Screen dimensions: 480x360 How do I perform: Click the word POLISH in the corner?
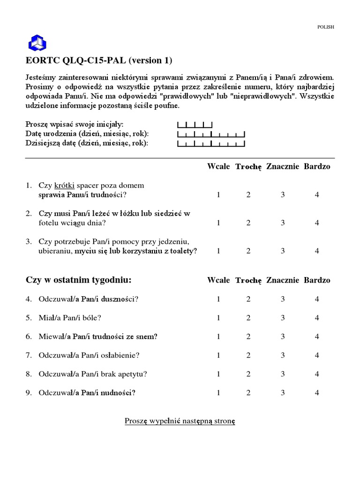[x=325, y=27]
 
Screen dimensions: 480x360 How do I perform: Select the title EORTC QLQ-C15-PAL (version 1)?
[x=99, y=60]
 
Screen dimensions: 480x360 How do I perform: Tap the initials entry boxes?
[x=195, y=125]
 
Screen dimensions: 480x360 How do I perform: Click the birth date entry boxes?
[x=211, y=134]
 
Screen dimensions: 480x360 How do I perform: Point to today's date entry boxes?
[x=211, y=143]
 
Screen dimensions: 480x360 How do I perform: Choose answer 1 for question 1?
[x=218, y=195]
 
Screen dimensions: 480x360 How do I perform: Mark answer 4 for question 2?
[x=317, y=223]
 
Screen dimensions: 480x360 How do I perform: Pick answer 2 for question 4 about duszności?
[x=248, y=299]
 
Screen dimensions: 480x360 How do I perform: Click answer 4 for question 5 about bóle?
[x=317, y=318]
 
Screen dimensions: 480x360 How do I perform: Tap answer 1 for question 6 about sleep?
[x=218, y=337]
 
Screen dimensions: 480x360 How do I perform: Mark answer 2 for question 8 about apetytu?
[x=248, y=374]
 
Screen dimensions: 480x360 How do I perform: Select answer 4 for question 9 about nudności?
[x=317, y=393]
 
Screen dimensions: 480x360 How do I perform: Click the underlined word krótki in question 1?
[x=64, y=186]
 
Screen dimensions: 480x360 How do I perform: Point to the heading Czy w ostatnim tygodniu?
[x=78, y=280]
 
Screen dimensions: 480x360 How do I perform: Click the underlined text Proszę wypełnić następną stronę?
[x=180, y=421]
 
